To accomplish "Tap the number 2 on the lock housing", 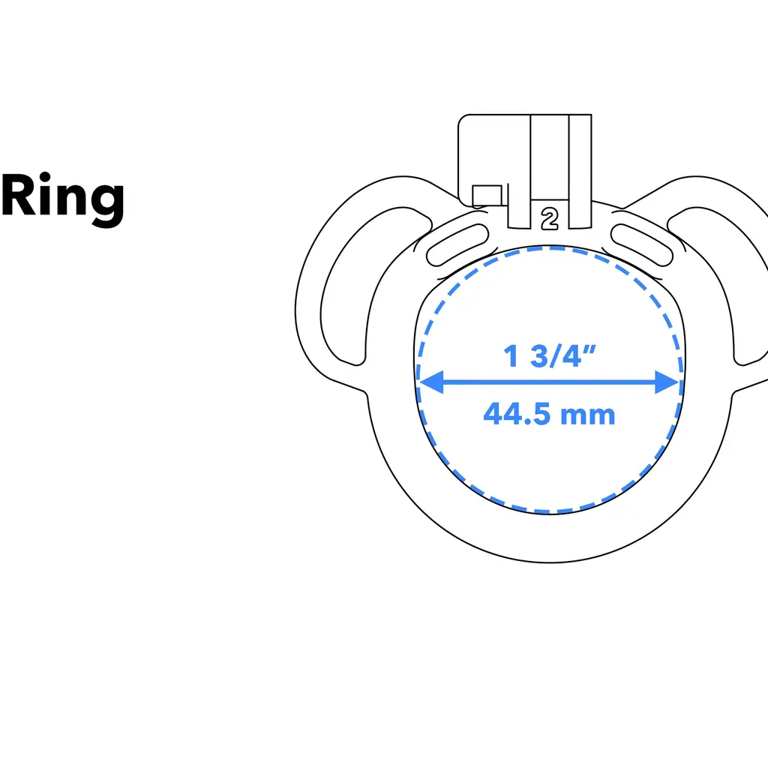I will [550, 218].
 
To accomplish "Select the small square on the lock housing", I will [487, 194].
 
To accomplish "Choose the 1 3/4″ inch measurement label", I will [550, 356].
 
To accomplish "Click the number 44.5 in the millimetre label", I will [520, 414].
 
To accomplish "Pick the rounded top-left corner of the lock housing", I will [463, 119].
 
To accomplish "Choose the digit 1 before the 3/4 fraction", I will [512, 356].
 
